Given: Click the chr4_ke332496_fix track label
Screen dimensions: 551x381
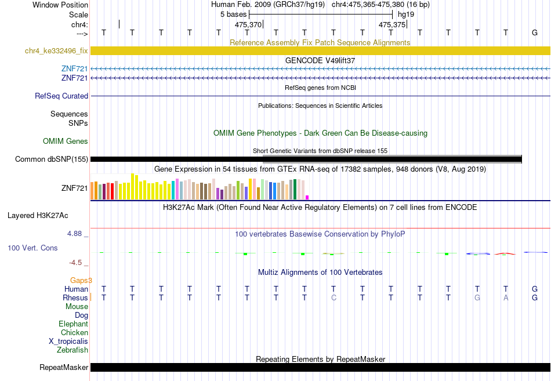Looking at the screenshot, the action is (x=56, y=50).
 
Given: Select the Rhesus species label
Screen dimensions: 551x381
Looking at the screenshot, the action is (x=75, y=297).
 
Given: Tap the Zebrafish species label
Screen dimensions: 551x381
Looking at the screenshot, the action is (x=72, y=350).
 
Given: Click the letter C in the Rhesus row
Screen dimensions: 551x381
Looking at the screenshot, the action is (x=333, y=297).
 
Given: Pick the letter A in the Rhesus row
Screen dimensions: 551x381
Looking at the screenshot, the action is (x=506, y=297).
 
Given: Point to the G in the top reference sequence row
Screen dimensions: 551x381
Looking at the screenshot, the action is (x=535, y=32).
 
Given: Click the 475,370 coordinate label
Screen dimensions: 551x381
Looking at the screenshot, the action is (x=248, y=24).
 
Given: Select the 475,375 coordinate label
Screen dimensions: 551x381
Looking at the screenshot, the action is (x=392, y=24).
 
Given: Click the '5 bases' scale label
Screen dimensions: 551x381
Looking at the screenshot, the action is (x=233, y=14).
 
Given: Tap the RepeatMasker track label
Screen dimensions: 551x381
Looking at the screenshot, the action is (x=64, y=367).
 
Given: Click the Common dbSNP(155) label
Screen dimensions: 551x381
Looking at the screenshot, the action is (x=52, y=159).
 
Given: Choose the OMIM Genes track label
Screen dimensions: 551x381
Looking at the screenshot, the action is (x=66, y=141).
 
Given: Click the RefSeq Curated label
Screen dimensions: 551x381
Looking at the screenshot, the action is (x=61, y=96).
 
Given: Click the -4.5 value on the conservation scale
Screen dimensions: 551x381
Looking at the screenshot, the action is (x=75, y=263).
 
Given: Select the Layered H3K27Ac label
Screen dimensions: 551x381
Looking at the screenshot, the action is (x=38, y=216).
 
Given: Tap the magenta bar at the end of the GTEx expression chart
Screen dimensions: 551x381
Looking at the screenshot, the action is (x=307, y=198).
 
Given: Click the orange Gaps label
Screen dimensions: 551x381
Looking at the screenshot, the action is (x=80, y=280).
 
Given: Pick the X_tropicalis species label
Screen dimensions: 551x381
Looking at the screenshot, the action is (x=68, y=342).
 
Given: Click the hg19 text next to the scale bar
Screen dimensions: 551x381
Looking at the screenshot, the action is (x=406, y=14).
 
